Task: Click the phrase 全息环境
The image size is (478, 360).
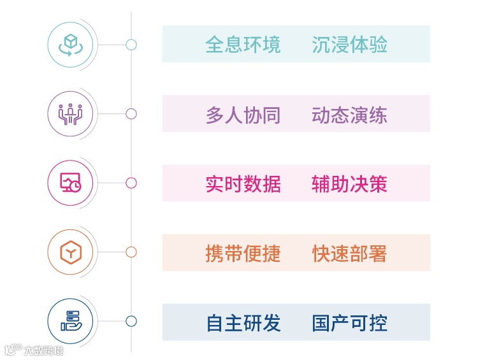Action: (x=243, y=45)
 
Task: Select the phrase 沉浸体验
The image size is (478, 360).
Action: (x=349, y=45)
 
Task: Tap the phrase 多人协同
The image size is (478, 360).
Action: (x=243, y=114)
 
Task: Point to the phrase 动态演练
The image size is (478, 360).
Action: (x=349, y=114)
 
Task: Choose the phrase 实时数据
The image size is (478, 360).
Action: (x=243, y=184)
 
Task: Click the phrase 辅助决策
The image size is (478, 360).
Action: (x=349, y=184)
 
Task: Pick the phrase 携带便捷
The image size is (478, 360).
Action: (x=243, y=253)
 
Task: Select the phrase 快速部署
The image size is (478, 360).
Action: (x=349, y=253)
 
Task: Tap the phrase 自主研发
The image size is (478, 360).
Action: (x=243, y=322)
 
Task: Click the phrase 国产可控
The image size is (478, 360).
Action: (x=349, y=322)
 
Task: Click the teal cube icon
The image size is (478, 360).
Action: (x=70, y=45)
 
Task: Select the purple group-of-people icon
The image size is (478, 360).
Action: (x=70, y=114)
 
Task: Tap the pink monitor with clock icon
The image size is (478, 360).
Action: (x=70, y=184)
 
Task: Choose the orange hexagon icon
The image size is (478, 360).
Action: (x=70, y=253)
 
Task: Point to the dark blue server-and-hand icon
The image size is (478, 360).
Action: (x=70, y=322)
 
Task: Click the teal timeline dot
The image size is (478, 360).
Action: (x=131, y=45)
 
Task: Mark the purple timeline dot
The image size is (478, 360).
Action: (x=131, y=114)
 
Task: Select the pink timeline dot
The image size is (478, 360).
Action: (x=131, y=184)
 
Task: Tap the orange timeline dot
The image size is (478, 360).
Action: (x=131, y=252)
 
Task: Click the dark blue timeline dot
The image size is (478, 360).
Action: (x=131, y=321)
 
